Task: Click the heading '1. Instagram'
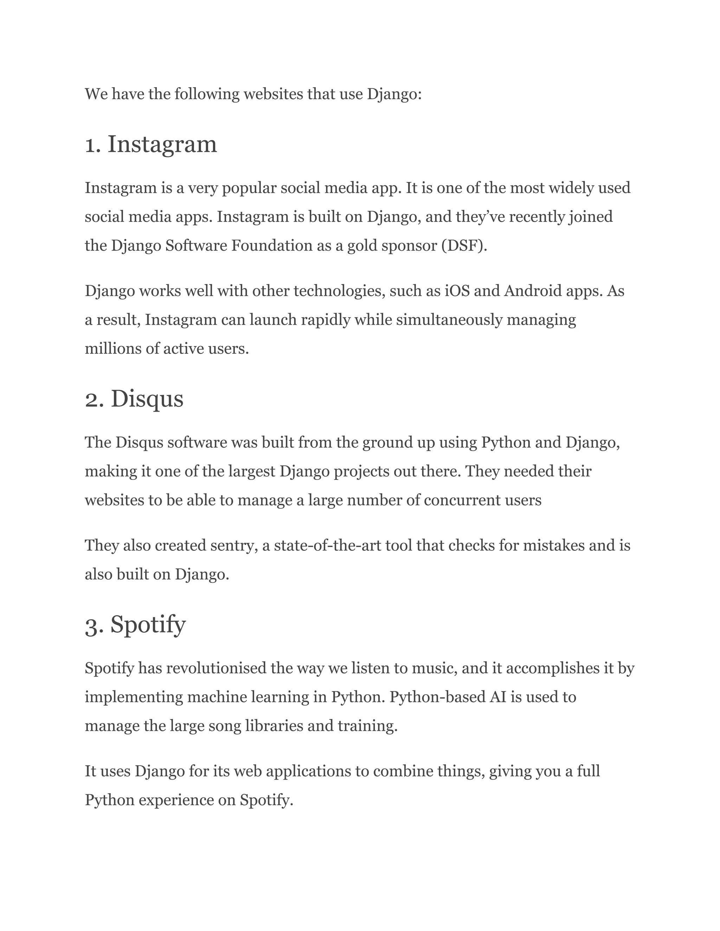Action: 151,144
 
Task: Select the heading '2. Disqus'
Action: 134,399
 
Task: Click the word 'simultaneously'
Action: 449,320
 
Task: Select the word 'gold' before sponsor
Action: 362,246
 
